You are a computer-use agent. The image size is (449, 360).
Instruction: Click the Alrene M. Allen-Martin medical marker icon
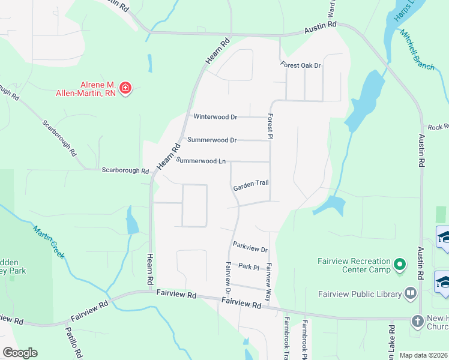pos(125,89)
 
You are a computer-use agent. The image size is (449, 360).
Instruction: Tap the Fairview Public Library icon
pos(411,293)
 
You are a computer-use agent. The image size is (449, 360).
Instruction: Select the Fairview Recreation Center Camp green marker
pos(400,265)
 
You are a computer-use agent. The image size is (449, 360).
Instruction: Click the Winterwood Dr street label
pos(215,117)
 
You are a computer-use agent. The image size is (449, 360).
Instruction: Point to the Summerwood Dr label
pos(212,140)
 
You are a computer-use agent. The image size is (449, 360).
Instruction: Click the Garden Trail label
pos(251,187)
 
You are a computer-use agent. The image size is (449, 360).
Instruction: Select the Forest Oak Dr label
pos(301,65)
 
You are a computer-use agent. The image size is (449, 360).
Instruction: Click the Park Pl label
pos(248,266)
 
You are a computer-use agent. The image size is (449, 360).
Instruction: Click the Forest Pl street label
pos(271,128)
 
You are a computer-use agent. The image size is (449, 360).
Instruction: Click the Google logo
pos(20,353)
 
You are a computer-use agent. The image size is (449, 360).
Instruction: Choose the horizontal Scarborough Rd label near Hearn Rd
pos(125,170)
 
